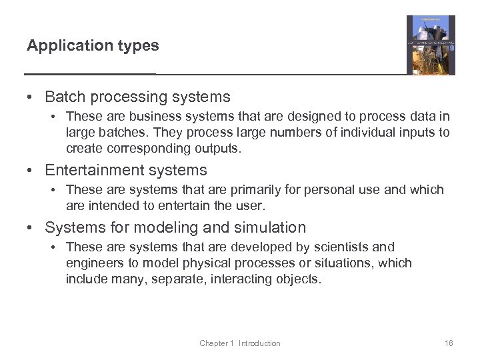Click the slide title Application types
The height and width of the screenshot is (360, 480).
pos(93,46)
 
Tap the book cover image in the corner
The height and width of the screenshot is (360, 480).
pos(431,45)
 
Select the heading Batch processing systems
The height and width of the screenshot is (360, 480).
pos(137,97)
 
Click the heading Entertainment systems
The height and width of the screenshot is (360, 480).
pos(126,170)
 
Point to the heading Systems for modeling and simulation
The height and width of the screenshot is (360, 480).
pos(175,227)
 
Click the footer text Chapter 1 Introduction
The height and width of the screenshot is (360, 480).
pos(240,343)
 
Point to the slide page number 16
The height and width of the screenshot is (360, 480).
pos(448,343)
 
